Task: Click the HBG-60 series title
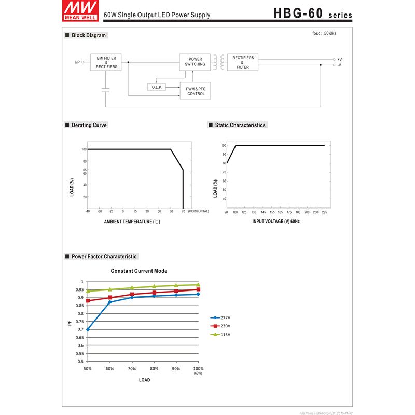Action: click(313, 13)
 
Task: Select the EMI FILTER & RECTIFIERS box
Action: click(106, 63)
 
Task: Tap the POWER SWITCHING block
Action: click(195, 62)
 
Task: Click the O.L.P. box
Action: click(157, 87)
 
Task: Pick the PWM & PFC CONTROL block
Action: click(196, 91)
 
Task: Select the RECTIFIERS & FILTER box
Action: click(243, 63)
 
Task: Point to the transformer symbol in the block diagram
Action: click(218, 62)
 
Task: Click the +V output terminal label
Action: click(339, 60)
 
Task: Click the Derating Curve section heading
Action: click(89, 125)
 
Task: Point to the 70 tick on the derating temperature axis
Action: click(183, 212)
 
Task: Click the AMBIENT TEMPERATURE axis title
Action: click(128, 222)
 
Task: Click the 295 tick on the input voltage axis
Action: click(324, 212)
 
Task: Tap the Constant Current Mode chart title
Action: click(139, 271)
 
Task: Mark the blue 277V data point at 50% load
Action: click(88, 329)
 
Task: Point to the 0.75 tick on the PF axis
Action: click(80, 322)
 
